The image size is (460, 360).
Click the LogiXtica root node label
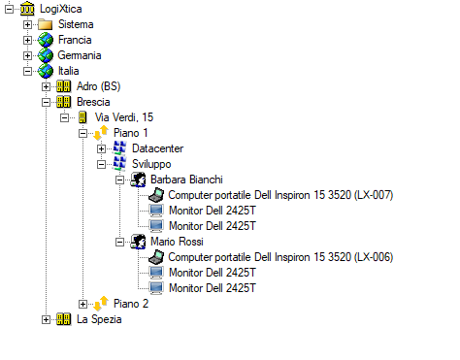[61, 9]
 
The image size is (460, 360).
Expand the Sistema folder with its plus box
[27, 24]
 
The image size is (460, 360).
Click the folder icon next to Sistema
[45, 24]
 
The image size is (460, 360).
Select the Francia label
[75, 40]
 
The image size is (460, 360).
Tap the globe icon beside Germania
[46, 55]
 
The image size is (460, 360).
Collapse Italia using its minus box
[27, 71]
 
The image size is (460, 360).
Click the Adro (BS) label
[98, 86]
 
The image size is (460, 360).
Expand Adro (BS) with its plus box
[46, 86]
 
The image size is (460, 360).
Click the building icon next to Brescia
[63, 102]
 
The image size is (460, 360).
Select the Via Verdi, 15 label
[124, 117]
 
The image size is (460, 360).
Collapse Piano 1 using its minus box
[82, 133]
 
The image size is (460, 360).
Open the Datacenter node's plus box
[101, 148]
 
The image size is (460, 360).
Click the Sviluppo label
[151, 164]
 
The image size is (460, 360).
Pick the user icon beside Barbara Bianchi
[138, 180]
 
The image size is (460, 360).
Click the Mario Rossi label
[177, 242]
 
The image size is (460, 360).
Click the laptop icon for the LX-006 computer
[156, 257]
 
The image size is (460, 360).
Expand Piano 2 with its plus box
[82, 304]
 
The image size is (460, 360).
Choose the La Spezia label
[99, 319]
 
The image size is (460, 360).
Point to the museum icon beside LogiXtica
[27, 9]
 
